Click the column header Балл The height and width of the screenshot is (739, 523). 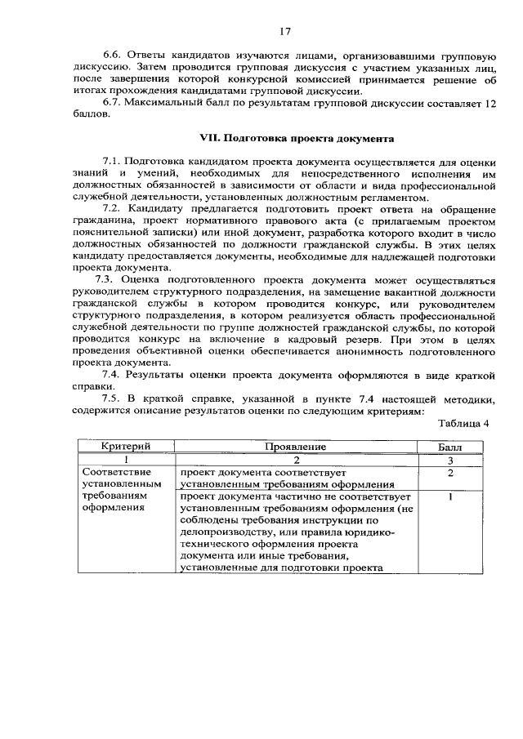[x=450, y=447]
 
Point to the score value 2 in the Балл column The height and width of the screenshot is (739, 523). [x=450, y=472]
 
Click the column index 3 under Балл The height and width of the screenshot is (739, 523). [x=450, y=460]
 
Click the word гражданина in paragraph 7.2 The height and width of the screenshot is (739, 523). [x=109, y=221]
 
